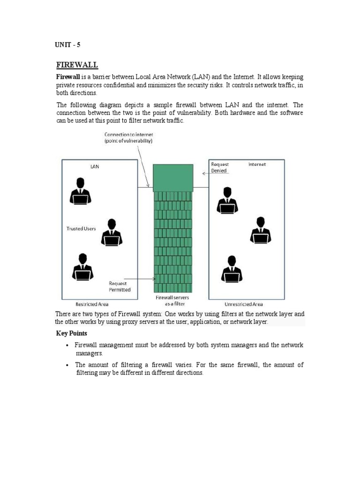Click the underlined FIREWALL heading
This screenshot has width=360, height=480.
[x=77, y=65]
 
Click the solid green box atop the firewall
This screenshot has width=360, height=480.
[x=172, y=177]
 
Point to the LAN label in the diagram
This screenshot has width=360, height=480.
[x=94, y=166]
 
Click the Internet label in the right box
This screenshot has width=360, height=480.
[x=257, y=165]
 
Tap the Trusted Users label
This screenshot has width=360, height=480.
[x=81, y=229]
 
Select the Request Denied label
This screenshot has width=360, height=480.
[x=219, y=168]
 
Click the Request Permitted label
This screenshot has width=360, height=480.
[x=120, y=286]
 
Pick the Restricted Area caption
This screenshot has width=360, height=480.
[x=92, y=304]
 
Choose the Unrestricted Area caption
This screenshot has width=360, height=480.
[x=244, y=304]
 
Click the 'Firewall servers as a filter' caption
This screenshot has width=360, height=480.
[x=172, y=300]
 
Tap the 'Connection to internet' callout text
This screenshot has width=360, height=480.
[x=128, y=138]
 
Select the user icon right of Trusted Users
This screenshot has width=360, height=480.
[x=112, y=232]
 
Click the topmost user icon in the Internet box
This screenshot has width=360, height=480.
[x=227, y=200]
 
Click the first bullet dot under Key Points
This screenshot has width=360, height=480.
[x=68, y=345]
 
